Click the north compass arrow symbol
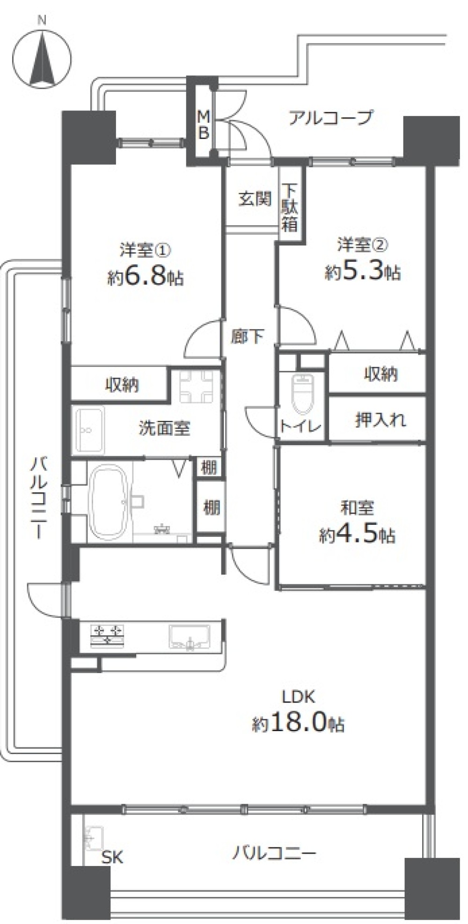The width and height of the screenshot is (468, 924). click(42, 59)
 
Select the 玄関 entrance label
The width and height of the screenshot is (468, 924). click(255, 199)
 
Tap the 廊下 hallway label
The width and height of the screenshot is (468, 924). click(247, 337)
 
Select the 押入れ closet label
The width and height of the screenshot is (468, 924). click(380, 420)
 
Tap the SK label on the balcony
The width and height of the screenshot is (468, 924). click(113, 858)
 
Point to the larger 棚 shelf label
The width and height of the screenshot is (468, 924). click(212, 507)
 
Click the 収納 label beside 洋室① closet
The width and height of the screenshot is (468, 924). click(122, 385)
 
